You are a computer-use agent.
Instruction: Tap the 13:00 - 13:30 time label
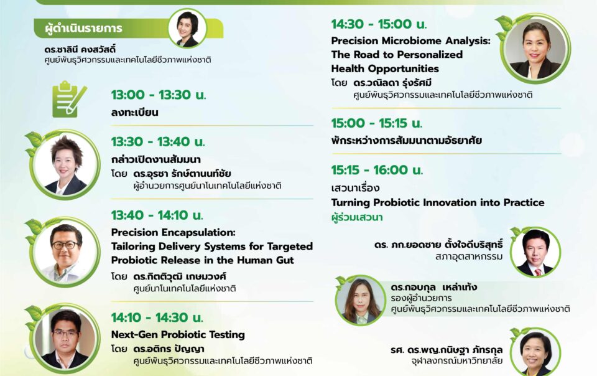(159, 95)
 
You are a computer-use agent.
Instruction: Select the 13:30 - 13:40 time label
(158, 142)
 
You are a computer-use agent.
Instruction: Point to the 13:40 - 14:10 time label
(157, 215)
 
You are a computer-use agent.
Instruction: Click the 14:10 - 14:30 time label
(157, 317)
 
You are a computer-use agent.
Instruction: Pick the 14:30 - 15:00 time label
(379, 24)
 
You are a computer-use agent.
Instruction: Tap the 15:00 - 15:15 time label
(377, 123)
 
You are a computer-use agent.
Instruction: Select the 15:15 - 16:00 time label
(377, 170)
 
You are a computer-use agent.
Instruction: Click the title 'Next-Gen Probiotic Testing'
(178, 334)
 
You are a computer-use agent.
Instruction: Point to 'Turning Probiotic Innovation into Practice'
(438, 202)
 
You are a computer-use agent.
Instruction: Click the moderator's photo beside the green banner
(187, 28)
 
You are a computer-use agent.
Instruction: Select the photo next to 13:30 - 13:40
(65, 164)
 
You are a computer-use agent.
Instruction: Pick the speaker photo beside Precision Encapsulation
(65, 252)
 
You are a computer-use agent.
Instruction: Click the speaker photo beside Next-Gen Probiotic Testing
(65, 338)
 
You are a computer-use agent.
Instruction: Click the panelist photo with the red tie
(535, 252)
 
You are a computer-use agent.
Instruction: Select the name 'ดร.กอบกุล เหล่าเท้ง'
(433, 287)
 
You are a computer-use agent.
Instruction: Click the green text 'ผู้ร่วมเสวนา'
(357, 217)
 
